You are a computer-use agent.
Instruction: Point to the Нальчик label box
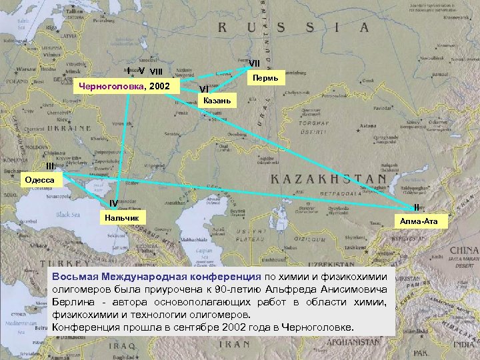[121, 217]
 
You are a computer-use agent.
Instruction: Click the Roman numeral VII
[254, 63]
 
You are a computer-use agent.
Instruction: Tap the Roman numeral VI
[203, 89]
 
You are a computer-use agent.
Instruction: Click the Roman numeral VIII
[156, 71]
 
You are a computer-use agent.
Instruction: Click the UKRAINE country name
[67, 127]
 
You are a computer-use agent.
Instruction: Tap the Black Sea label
[67, 215]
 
